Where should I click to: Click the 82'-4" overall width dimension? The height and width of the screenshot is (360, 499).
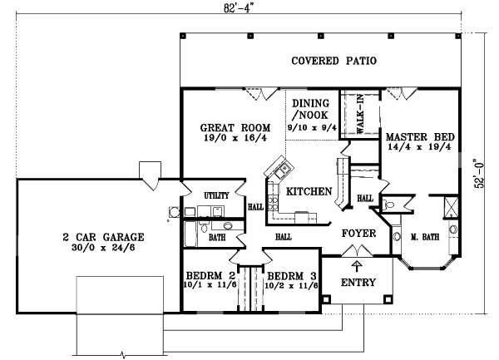click(x=239, y=7)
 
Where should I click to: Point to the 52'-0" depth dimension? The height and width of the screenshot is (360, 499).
click(x=479, y=173)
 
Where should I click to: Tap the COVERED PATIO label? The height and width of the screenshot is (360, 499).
click(x=333, y=61)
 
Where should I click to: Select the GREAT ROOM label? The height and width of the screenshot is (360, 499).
click(x=235, y=127)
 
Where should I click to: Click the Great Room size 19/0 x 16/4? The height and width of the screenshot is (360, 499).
click(x=235, y=138)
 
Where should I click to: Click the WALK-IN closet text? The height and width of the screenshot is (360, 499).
click(x=360, y=114)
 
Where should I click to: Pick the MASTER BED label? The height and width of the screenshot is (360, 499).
click(x=420, y=137)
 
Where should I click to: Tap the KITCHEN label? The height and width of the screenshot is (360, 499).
click(x=309, y=191)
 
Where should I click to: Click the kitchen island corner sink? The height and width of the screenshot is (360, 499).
click(x=282, y=171)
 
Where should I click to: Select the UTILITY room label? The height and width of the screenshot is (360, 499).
click(x=216, y=195)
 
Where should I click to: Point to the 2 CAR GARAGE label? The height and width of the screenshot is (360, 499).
click(x=103, y=237)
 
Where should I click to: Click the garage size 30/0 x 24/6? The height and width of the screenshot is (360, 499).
click(x=103, y=248)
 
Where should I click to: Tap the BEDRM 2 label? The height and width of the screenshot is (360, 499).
click(x=210, y=275)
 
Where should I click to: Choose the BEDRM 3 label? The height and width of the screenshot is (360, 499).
click(x=292, y=276)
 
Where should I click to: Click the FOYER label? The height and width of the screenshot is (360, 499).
click(x=359, y=234)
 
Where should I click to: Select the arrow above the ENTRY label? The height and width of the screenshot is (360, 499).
click(x=357, y=266)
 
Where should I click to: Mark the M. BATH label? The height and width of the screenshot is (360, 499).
click(x=425, y=237)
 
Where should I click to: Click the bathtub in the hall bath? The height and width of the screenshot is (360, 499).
click(x=190, y=234)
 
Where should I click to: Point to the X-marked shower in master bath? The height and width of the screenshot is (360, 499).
click(x=451, y=207)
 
